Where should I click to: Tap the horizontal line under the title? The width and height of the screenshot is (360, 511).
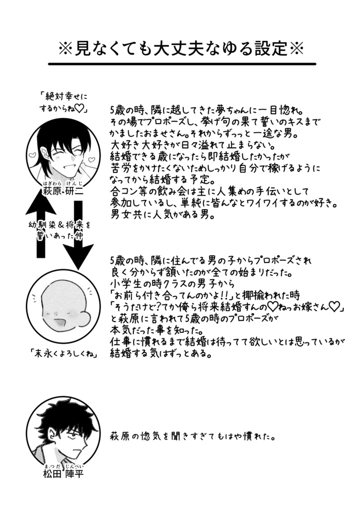click(x=182, y=64)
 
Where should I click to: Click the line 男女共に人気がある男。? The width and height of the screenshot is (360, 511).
click(x=156, y=216)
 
